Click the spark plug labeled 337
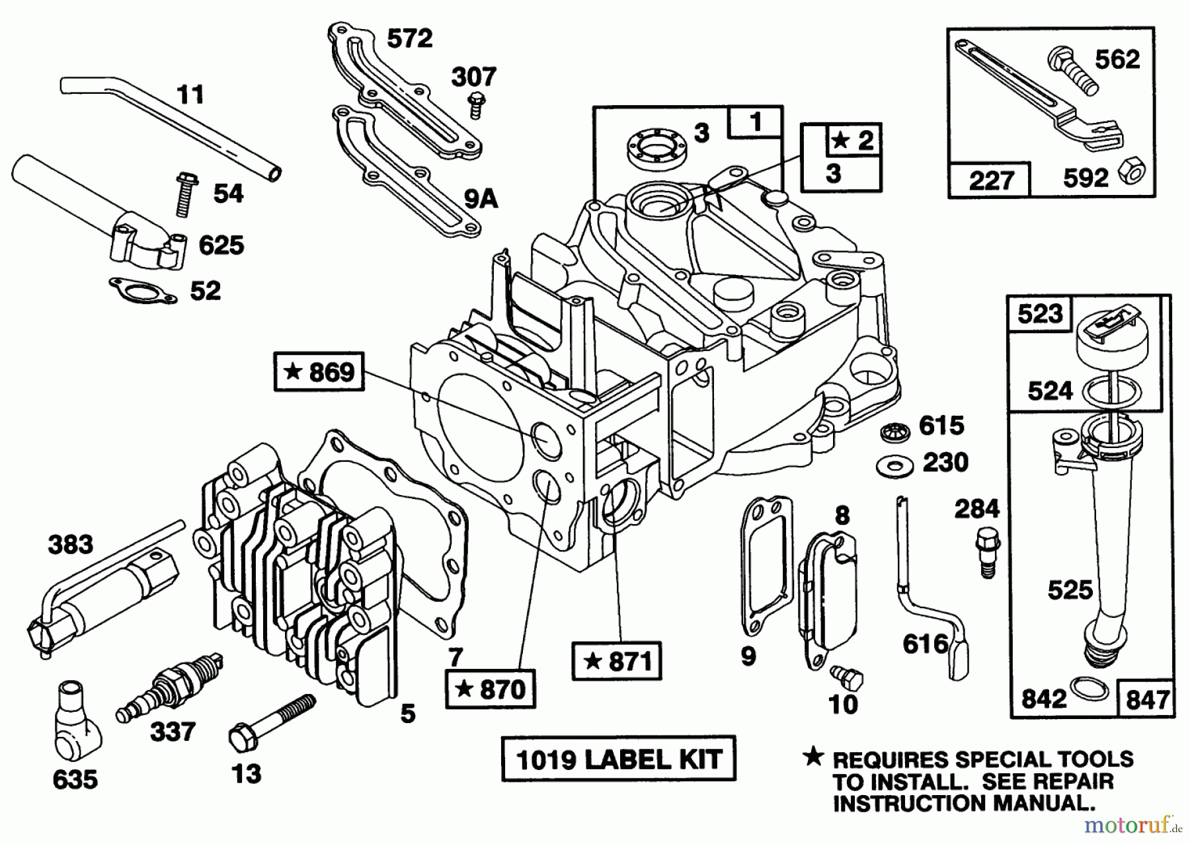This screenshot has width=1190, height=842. click(171, 687)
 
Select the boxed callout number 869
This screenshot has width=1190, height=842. click(319, 372)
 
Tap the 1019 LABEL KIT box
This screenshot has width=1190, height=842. click(618, 759)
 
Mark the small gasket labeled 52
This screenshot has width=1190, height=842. click(143, 291)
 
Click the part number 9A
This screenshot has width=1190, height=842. click(481, 198)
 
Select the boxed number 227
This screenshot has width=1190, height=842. click(990, 180)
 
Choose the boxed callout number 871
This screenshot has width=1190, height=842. click(617, 660)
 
